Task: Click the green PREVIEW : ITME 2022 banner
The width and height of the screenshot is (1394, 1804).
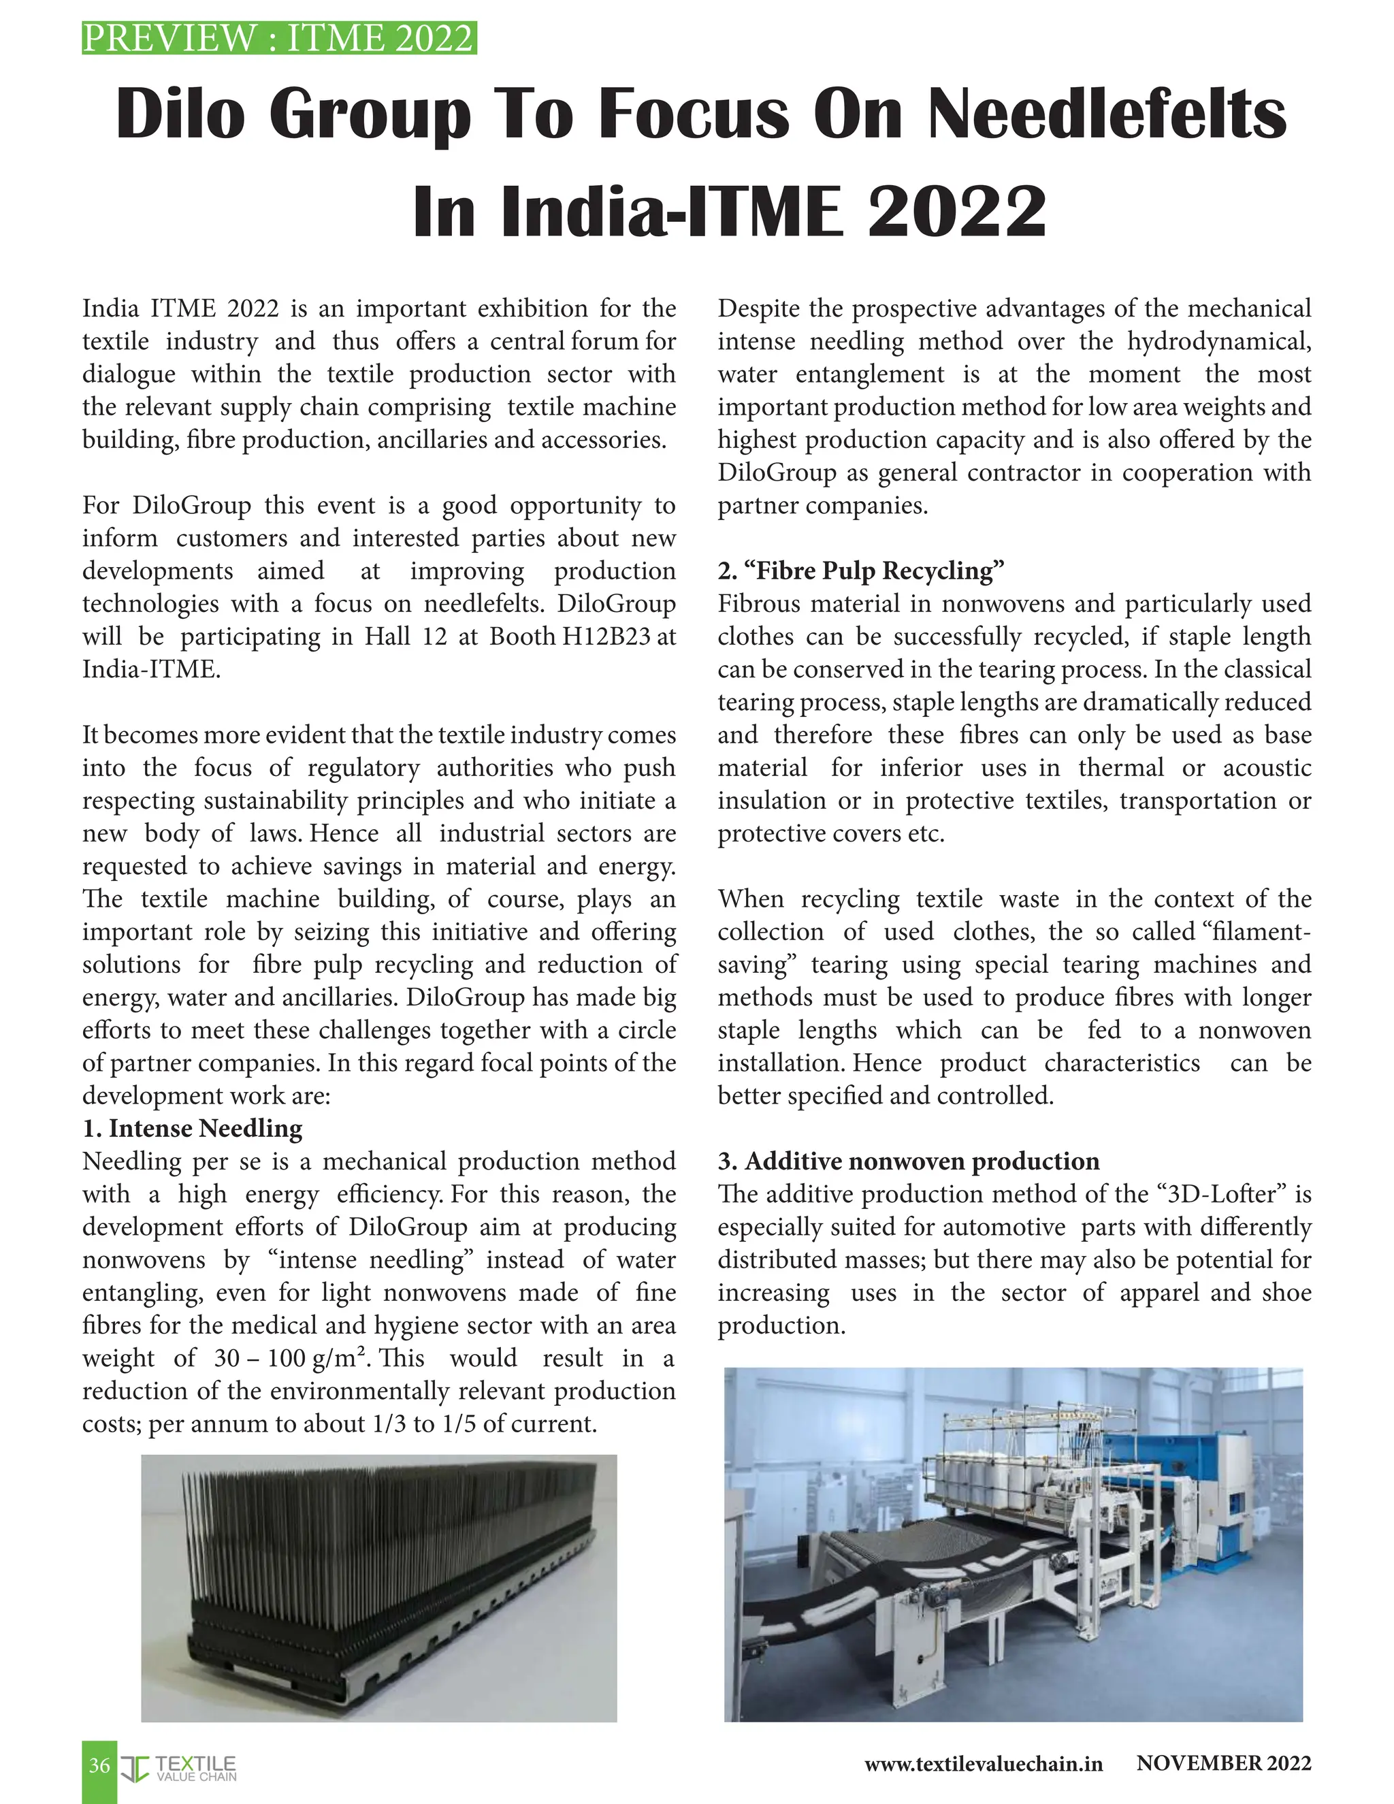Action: pos(279,39)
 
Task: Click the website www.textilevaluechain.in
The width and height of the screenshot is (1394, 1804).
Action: pos(983,1764)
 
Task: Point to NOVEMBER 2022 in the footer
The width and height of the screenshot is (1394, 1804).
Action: pos(1223,1762)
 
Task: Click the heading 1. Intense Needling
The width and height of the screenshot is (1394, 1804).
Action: pos(193,1128)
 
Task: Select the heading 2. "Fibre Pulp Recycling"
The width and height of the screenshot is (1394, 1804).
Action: pos(860,570)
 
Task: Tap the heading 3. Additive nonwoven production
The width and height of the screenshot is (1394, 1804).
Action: pos(909,1161)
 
